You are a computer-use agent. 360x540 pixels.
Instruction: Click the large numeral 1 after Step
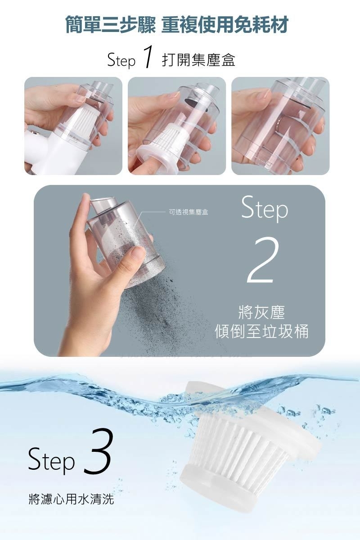coord(148,57)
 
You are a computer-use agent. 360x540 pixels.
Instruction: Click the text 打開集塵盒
coord(198,60)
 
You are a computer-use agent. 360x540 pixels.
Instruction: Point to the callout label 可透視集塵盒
coord(188,212)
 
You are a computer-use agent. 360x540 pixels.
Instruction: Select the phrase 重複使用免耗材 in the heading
coord(225,24)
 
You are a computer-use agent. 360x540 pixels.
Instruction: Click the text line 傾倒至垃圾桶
coord(261,331)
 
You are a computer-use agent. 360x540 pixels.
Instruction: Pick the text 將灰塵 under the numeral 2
coord(261,312)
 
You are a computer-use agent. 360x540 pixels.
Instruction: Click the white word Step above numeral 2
coord(265,207)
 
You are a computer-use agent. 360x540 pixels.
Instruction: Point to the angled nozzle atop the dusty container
coord(103,205)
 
